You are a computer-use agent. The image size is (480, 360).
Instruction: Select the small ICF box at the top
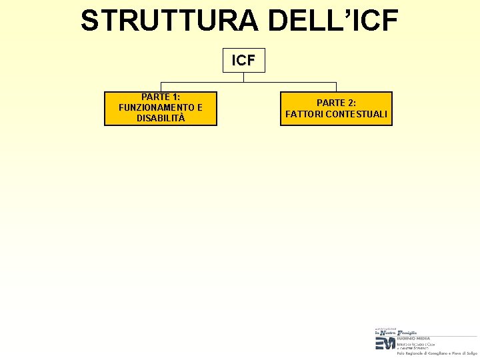(x=243, y=60)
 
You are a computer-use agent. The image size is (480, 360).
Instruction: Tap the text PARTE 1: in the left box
(x=161, y=97)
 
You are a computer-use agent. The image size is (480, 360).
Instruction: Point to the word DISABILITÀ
(x=161, y=118)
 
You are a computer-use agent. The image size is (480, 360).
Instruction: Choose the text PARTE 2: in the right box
(x=336, y=103)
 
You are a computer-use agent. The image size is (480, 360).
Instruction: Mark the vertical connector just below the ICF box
(x=243, y=77)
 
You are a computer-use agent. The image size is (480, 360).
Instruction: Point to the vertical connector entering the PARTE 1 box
(x=161, y=87)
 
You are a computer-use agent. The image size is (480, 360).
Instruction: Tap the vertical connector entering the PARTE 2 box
(x=336, y=87)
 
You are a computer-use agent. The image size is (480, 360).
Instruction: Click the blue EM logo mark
(x=385, y=343)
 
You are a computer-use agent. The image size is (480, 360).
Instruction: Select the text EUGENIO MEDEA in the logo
(x=413, y=338)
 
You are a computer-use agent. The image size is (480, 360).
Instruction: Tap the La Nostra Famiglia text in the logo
(x=396, y=332)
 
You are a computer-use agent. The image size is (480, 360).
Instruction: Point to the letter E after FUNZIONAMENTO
(x=200, y=107)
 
